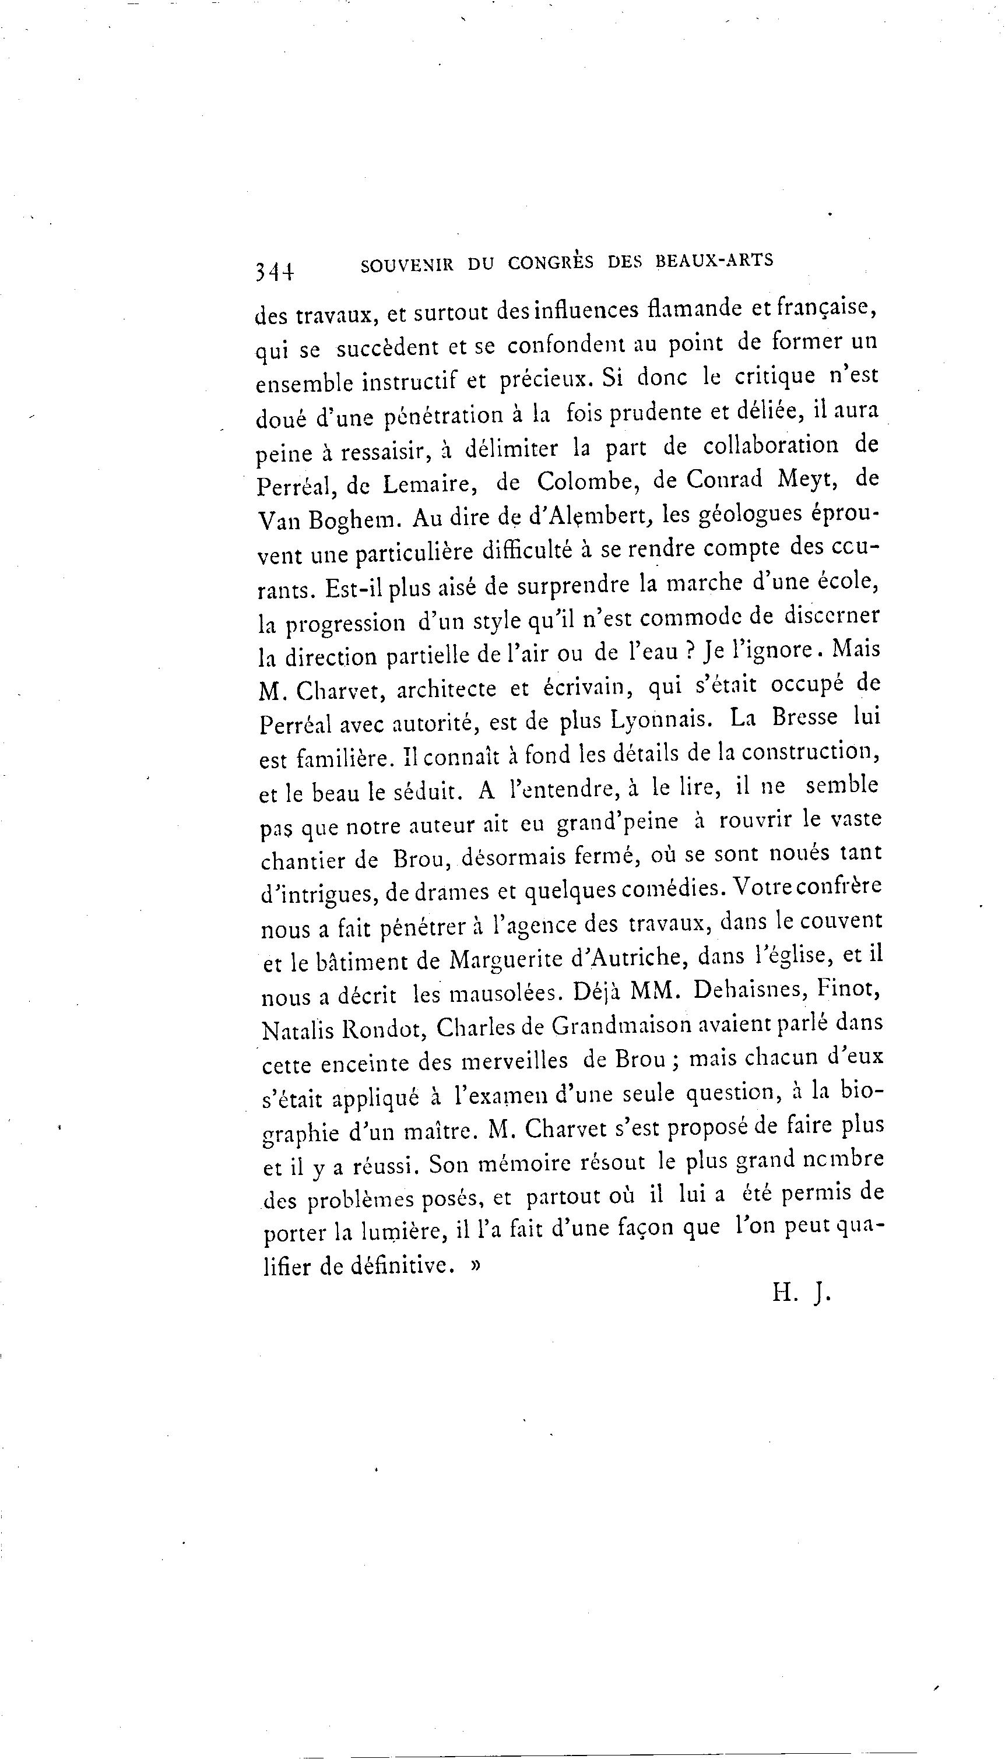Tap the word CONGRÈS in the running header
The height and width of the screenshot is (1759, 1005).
(550, 263)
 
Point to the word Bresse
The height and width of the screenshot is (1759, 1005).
(804, 717)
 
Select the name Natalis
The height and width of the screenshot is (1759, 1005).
(296, 1030)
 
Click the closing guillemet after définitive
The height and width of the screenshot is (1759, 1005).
(475, 1267)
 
